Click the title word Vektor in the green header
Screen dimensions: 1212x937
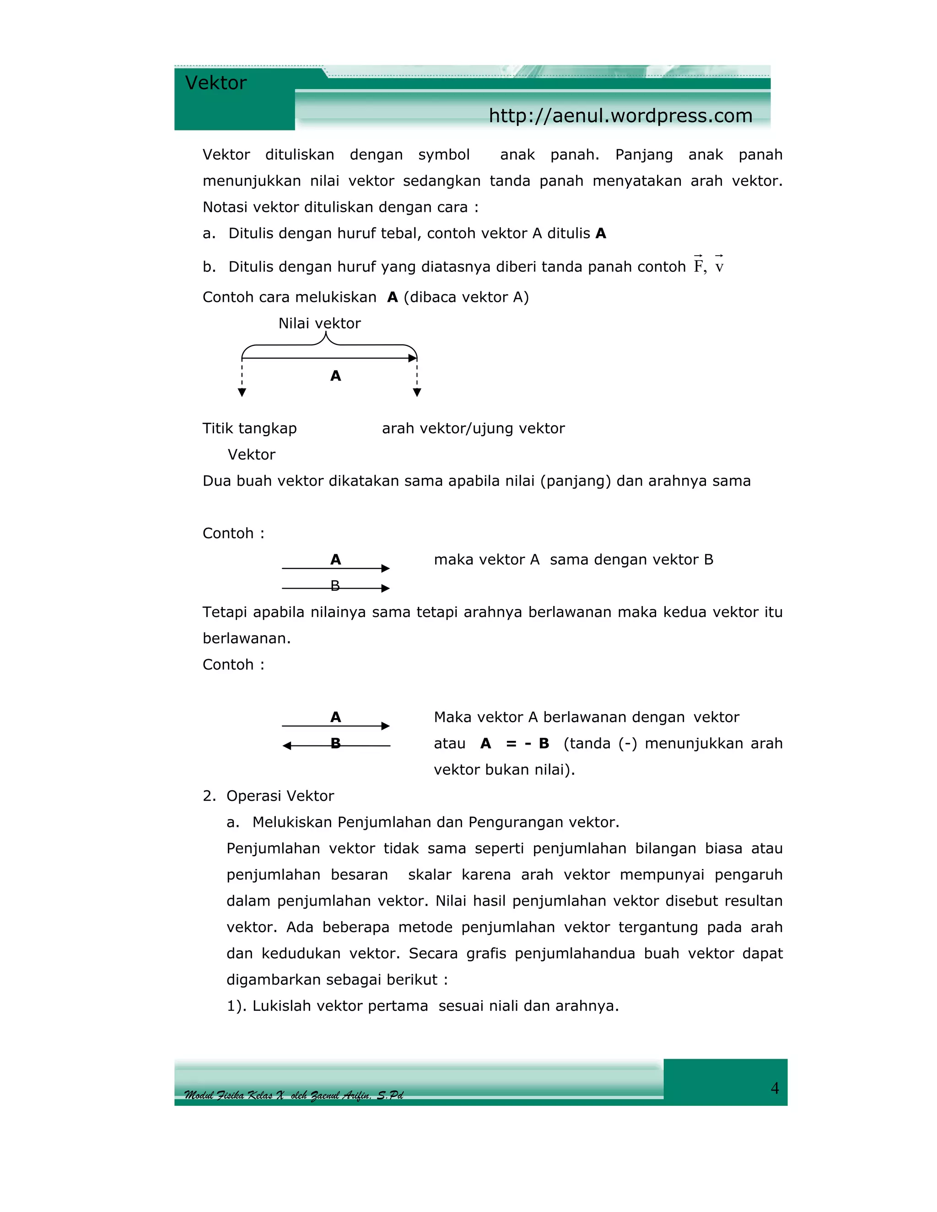pyautogui.click(x=215, y=83)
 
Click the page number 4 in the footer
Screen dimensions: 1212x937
pyautogui.click(x=775, y=1088)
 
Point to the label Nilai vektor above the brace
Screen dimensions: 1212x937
pyautogui.click(x=319, y=323)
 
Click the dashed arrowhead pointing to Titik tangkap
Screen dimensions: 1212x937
pyautogui.click(x=242, y=392)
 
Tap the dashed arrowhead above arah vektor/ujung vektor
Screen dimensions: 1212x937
pyautogui.click(x=417, y=392)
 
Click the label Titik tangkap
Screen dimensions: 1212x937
pyautogui.click(x=249, y=428)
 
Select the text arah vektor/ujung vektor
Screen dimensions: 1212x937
pyautogui.click(x=473, y=428)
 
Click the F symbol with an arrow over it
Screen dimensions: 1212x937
pyautogui.click(x=698, y=265)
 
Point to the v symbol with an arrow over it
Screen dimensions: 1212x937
pyautogui.click(x=719, y=265)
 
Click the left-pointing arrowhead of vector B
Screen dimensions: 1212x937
pyautogui.click(x=286, y=746)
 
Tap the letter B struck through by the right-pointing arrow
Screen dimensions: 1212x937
pyautogui.click(x=335, y=585)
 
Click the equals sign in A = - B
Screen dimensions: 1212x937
pyautogui.click(x=511, y=743)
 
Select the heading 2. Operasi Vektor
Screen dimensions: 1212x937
pyautogui.click(x=269, y=796)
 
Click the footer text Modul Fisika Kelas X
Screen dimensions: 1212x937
pyautogui.click(x=234, y=1095)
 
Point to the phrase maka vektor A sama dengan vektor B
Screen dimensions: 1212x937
pyautogui.click(x=573, y=559)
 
